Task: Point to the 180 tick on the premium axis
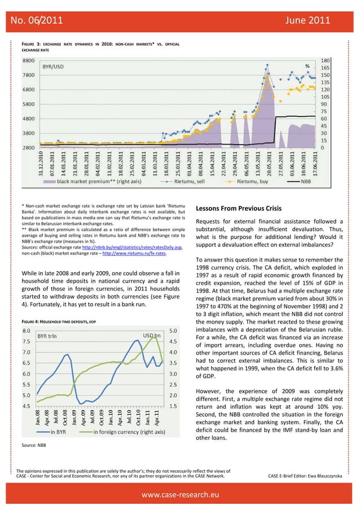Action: (x=326, y=59)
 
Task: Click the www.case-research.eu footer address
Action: (x=180, y=495)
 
